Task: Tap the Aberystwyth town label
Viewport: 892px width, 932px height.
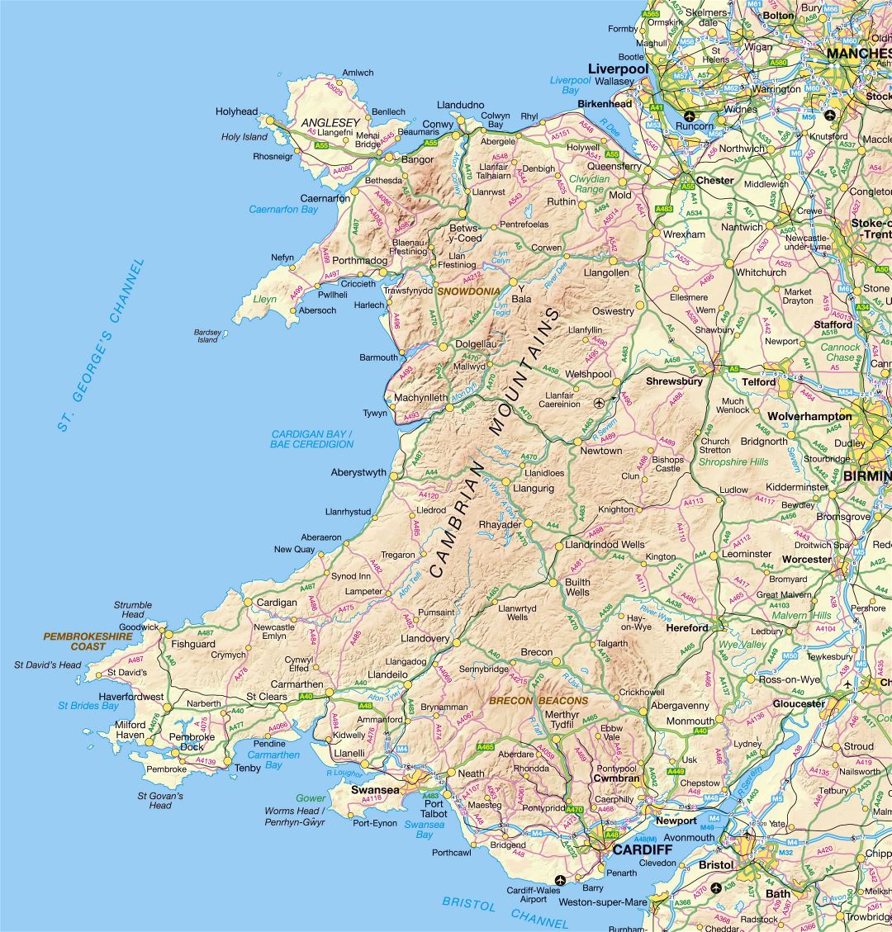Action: (358, 473)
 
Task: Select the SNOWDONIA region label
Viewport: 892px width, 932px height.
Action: (468, 291)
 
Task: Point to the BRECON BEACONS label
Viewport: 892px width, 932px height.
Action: (539, 701)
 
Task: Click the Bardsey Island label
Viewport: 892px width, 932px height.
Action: (207, 336)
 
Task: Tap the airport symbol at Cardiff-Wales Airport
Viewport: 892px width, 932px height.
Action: (561, 880)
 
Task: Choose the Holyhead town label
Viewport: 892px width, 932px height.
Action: (236, 111)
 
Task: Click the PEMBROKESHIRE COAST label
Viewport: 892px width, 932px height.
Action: (88, 641)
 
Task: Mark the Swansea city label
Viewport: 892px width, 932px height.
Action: (375, 789)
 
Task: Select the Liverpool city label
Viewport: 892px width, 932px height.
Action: (618, 68)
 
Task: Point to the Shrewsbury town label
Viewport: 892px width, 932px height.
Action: (674, 381)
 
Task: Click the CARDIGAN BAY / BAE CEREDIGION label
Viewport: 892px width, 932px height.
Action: (311, 439)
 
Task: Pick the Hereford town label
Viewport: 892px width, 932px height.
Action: (687, 627)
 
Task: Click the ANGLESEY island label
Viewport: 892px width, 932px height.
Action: (330, 122)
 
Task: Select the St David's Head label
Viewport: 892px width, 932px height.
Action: (47, 665)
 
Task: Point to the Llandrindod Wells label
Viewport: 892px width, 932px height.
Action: (605, 545)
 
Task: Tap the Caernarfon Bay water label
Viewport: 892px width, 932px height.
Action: (283, 210)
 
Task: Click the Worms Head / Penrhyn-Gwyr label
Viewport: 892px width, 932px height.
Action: (295, 816)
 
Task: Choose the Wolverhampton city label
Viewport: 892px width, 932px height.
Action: (809, 416)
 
